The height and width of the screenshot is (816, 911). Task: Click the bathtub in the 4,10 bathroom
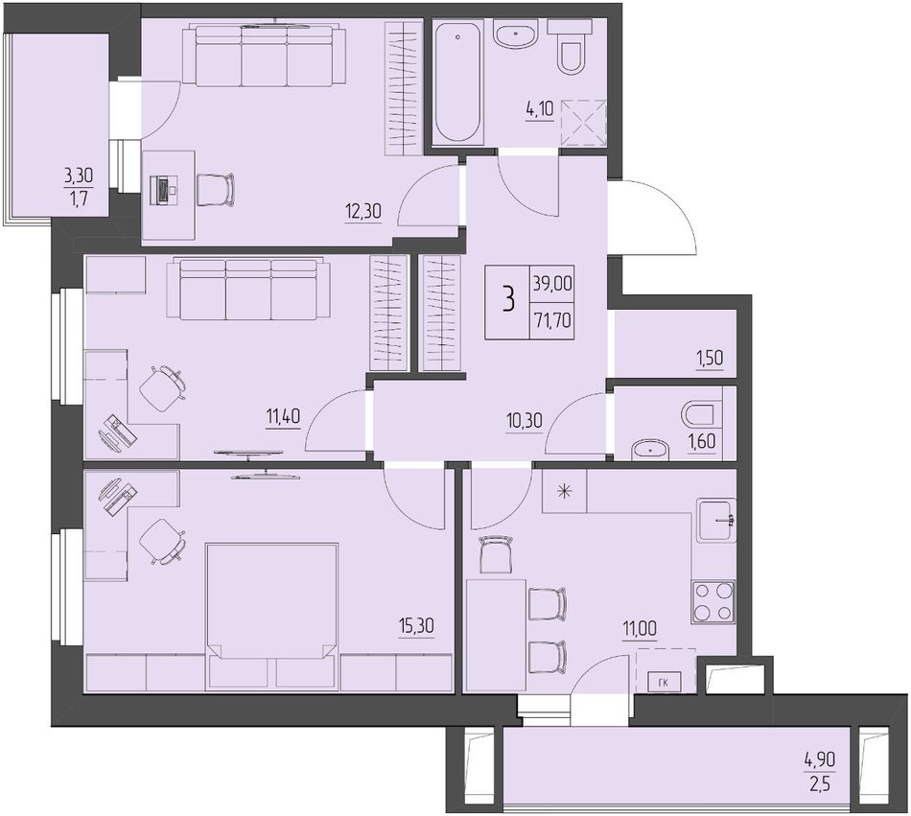(x=459, y=81)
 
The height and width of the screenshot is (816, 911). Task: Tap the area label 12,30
(x=363, y=212)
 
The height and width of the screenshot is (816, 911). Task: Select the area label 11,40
(x=284, y=417)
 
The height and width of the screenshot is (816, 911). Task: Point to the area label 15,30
(x=416, y=627)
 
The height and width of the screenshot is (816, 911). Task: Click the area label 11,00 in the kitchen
(x=640, y=630)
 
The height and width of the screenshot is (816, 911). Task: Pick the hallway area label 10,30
(x=524, y=421)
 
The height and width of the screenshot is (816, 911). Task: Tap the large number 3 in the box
(x=509, y=301)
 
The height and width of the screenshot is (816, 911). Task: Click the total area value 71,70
(x=552, y=319)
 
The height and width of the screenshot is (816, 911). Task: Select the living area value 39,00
(x=552, y=284)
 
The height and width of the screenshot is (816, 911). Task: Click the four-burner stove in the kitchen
(x=713, y=601)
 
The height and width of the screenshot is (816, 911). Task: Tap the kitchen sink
(x=717, y=521)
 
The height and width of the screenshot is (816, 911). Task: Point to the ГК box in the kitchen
(x=664, y=683)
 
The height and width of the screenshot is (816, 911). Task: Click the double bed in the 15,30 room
(x=272, y=617)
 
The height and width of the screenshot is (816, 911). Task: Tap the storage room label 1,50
(x=711, y=358)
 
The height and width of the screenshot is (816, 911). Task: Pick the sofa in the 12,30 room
(x=265, y=56)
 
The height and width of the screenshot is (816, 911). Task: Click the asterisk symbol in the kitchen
(x=564, y=491)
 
